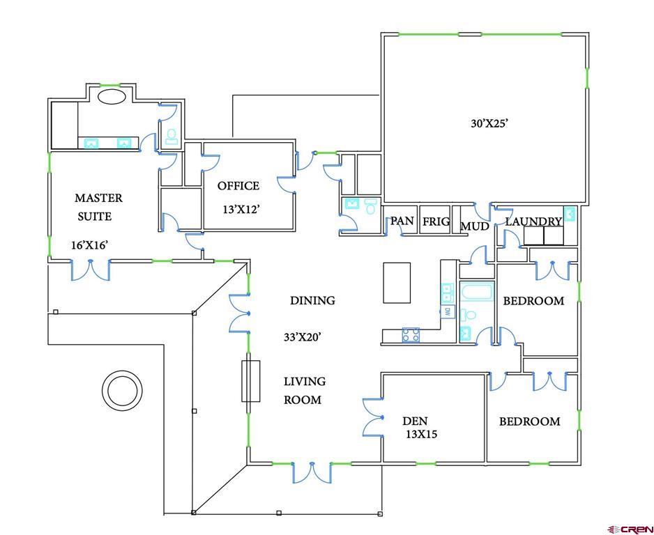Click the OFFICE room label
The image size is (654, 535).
pos(238,186)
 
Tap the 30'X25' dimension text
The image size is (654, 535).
pos(489,123)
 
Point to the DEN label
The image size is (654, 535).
pos(415,421)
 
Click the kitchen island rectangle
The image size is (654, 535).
pos(397,283)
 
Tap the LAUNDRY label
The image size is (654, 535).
pos(533,222)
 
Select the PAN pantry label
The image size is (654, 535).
pos(402,221)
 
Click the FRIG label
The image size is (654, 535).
pos(436,222)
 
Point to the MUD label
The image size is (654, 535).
pos(474,226)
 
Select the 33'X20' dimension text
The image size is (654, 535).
pos(302,337)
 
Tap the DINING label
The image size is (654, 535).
pos(312,300)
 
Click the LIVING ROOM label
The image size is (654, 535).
pos(303,390)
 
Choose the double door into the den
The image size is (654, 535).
pos(374,417)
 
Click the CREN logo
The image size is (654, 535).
pos(630,529)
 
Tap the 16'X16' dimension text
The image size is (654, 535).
pos(89,245)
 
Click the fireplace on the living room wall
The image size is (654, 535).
pos(250,381)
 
